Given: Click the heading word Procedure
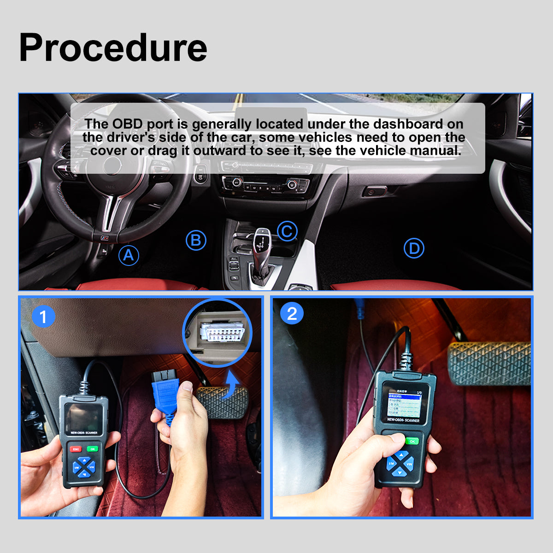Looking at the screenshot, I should click(113, 48).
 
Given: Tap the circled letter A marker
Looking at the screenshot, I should click(129, 255).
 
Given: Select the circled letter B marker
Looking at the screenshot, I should click(196, 241).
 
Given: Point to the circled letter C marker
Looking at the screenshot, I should click(287, 231).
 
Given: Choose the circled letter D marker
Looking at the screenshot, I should click(414, 248).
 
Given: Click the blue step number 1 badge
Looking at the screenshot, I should click(44, 317).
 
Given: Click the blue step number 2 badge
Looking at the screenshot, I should click(292, 314).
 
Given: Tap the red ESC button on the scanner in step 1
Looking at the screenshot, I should click(76, 449).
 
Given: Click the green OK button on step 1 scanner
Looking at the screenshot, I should click(93, 449).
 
